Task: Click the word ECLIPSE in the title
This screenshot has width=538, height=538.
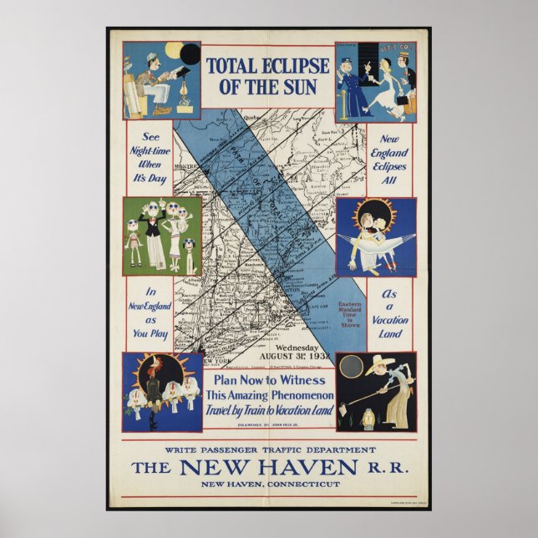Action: click(288, 65)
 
